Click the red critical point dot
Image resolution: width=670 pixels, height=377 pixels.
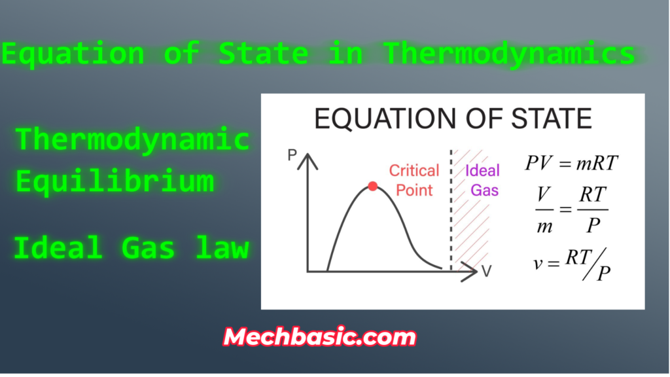coord(372,186)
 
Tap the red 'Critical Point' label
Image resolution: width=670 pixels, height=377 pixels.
coord(414,181)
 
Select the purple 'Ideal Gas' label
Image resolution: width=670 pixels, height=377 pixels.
coord(482,181)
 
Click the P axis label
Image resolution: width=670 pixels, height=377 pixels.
coord(292,154)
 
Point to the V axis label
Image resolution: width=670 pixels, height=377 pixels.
coord(486,272)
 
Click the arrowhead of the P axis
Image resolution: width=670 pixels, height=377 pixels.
coord(308,162)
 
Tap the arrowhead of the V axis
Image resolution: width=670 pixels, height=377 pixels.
coord(469,272)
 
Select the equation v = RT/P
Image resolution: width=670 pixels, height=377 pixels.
coord(572,264)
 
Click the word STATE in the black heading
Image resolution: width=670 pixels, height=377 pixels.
coord(552,118)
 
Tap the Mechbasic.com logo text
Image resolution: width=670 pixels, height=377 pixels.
coord(319,337)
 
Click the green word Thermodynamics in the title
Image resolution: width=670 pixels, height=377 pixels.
coord(509,54)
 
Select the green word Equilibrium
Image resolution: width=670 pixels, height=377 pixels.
coord(115,181)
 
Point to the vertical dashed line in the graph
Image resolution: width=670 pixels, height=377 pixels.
coord(451,210)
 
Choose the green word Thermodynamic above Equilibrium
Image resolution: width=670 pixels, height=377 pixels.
coord(132,139)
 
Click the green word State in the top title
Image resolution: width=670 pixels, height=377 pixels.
coord(263,53)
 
